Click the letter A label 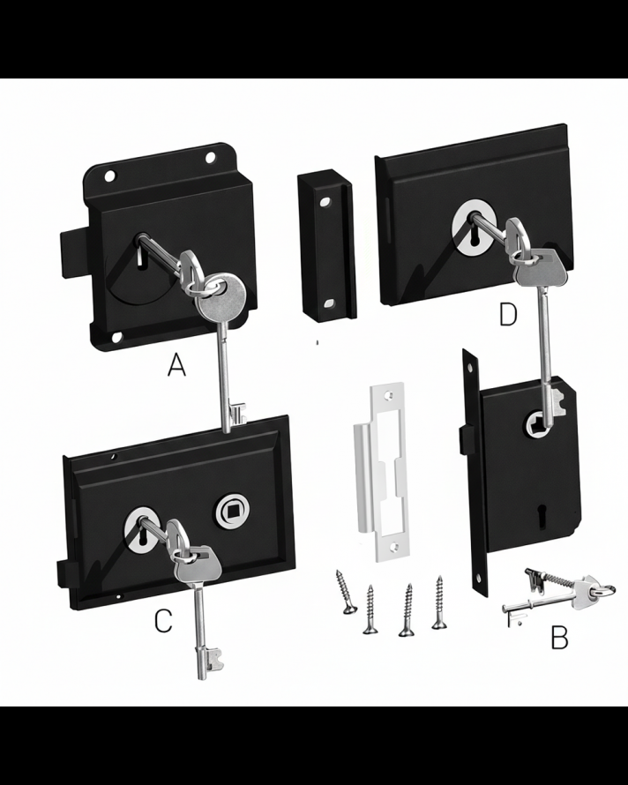177,365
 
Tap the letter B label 559,637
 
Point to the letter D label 507,315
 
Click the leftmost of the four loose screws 342,590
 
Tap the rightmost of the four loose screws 438,602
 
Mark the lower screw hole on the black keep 330,303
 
